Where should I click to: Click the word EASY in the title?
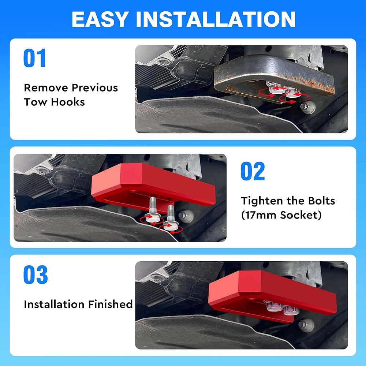click(100, 19)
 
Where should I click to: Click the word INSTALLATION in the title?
click(216, 19)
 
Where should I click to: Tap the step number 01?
click(34, 58)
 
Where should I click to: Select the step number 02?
click(253, 171)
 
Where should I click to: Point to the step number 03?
click(36, 275)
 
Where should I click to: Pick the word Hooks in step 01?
click(68, 102)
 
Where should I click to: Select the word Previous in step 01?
click(95, 88)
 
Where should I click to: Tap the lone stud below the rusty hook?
click(308, 107)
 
